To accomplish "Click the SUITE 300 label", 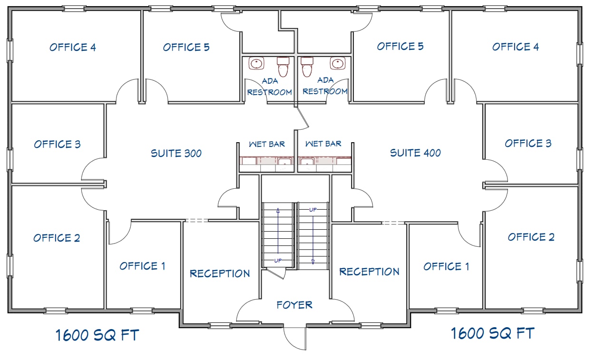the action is pos(176,153).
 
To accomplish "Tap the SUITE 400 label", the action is pos(415,153).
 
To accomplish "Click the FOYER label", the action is pos(294,305).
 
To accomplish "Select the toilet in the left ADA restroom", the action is pos(283,67).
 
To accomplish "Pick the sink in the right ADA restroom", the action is pos(338,63).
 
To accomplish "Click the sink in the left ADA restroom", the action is pos(256,63).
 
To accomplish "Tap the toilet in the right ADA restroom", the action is pos(307,67).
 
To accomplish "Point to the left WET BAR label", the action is pos(267,144).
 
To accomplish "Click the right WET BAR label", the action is pos(323,144).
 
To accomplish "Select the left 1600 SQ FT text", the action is pos(97,335).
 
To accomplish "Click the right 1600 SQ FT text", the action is pos(493,333).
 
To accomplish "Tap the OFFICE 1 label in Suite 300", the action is pos(142,266).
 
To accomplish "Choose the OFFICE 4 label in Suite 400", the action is pos(516,47).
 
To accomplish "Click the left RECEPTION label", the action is pos(220,273).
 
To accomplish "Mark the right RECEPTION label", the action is pos(369,272).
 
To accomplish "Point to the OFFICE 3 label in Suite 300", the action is pos(57,144).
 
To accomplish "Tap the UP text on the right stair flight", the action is pos(313,210).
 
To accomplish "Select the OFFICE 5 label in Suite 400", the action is pos(400,46).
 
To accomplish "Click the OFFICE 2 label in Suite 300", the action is pos(57,238).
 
